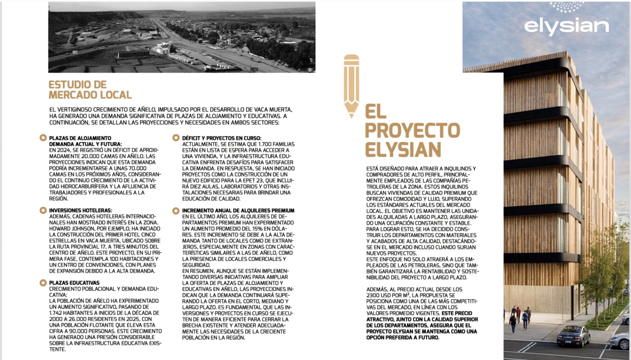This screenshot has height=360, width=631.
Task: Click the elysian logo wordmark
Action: (566, 26)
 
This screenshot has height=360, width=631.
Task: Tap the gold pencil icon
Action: (351, 85)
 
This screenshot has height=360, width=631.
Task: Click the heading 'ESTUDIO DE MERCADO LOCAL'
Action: (90, 90)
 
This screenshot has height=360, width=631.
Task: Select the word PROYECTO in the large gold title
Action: (412, 130)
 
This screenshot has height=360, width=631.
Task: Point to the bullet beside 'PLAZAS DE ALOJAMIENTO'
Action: (43, 138)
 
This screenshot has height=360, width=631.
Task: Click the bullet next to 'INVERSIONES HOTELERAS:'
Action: (43, 211)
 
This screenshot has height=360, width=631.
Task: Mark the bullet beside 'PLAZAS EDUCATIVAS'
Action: (43, 283)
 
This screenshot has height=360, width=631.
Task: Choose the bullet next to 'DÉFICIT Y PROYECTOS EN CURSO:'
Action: (176, 138)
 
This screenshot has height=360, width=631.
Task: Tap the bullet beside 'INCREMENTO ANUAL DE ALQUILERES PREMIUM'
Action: (176, 211)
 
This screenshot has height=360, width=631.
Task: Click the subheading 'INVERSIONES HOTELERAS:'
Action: (81, 211)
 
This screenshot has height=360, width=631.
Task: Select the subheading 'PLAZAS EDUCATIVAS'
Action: (74, 283)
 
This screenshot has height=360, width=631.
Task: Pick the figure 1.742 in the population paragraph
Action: (58, 313)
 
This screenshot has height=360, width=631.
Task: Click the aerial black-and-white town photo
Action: (181, 37)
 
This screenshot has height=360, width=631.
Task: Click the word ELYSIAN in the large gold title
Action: (403, 149)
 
